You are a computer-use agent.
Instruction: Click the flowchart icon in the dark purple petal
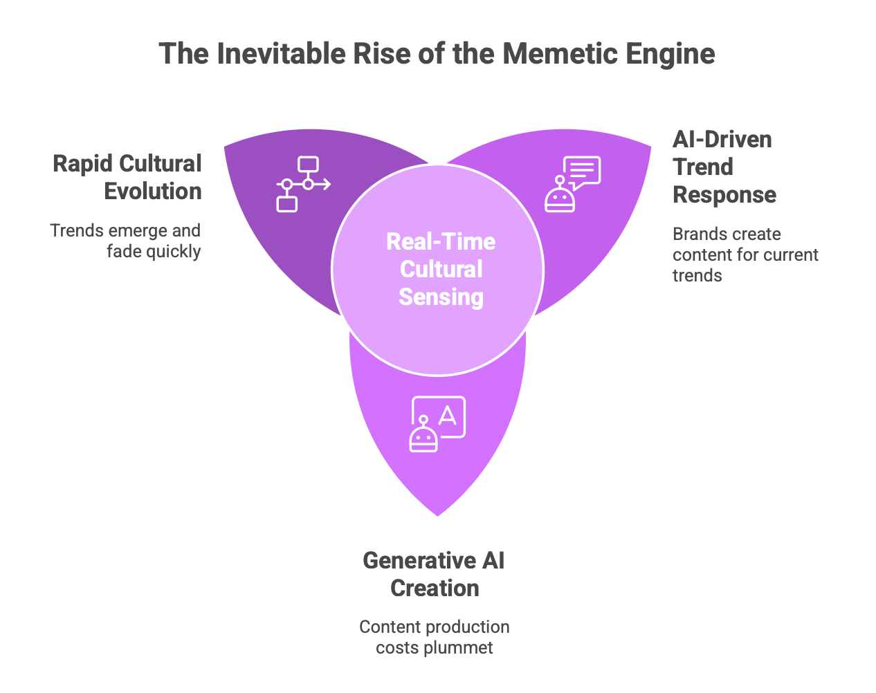(x=303, y=184)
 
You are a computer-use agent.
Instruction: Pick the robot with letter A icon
(x=437, y=424)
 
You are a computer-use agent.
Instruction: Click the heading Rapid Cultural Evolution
(x=127, y=178)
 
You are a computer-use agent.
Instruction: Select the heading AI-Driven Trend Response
(x=724, y=167)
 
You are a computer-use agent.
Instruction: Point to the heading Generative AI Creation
(x=434, y=574)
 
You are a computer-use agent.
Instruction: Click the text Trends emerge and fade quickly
(x=126, y=241)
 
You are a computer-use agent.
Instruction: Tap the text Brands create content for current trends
(x=745, y=255)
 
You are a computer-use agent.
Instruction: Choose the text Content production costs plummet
(x=435, y=637)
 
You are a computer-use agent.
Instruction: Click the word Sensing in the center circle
(x=441, y=297)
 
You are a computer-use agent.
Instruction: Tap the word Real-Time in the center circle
(x=441, y=241)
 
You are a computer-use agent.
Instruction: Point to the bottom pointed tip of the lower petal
(x=438, y=515)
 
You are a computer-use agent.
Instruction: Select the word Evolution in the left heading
(x=153, y=192)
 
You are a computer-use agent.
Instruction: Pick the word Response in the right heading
(x=724, y=195)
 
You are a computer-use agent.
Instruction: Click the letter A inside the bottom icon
(x=448, y=415)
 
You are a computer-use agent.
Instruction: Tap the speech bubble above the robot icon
(x=582, y=170)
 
